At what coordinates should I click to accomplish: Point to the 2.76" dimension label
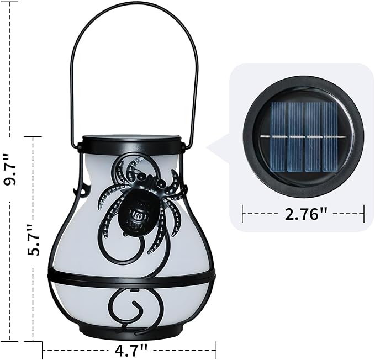(x=303, y=213)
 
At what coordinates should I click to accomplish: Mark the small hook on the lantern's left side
(x=83, y=191)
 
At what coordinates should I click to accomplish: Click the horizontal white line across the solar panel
(x=303, y=136)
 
